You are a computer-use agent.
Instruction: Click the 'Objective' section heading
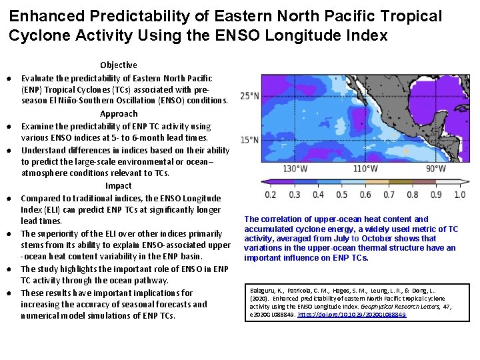[119, 65]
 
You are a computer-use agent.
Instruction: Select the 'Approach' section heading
[119, 114]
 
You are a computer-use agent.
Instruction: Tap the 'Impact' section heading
[119, 185]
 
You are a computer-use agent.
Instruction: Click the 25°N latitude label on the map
[250, 95]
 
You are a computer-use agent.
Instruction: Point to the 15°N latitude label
[250, 139]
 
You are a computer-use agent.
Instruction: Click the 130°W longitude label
[295, 169]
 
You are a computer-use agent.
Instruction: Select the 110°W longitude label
[365, 169]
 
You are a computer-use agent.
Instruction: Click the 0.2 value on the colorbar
[271, 195]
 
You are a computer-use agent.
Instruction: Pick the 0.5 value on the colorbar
[341, 195]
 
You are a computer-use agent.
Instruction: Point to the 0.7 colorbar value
[389, 195]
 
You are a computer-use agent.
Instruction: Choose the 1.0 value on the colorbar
[459, 195]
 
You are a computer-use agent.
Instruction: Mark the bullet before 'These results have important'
[13, 293]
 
